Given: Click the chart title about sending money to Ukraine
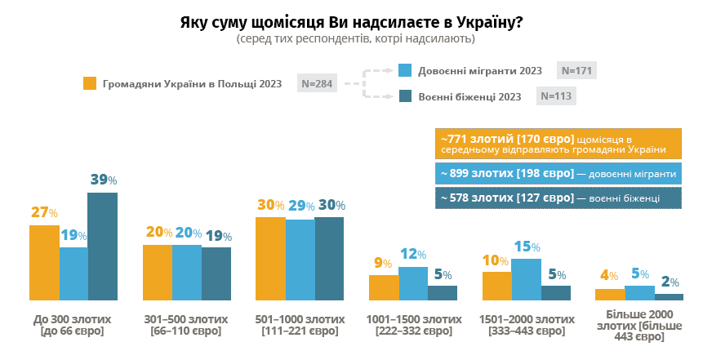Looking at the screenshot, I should (351, 22).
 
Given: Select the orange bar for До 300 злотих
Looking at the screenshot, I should (44, 263).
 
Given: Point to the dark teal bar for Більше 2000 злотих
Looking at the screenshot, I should (669, 297).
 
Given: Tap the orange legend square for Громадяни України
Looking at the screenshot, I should (90, 83).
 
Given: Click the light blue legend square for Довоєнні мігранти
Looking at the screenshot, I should (404, 70).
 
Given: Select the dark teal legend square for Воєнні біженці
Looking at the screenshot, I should (404, 96).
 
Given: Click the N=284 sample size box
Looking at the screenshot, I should (315, 83).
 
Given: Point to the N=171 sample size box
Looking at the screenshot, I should (576, 70).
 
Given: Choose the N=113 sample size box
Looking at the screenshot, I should (556, 96).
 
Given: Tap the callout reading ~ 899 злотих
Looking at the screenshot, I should (559, 174).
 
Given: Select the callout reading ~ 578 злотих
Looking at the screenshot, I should (559, 198).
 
